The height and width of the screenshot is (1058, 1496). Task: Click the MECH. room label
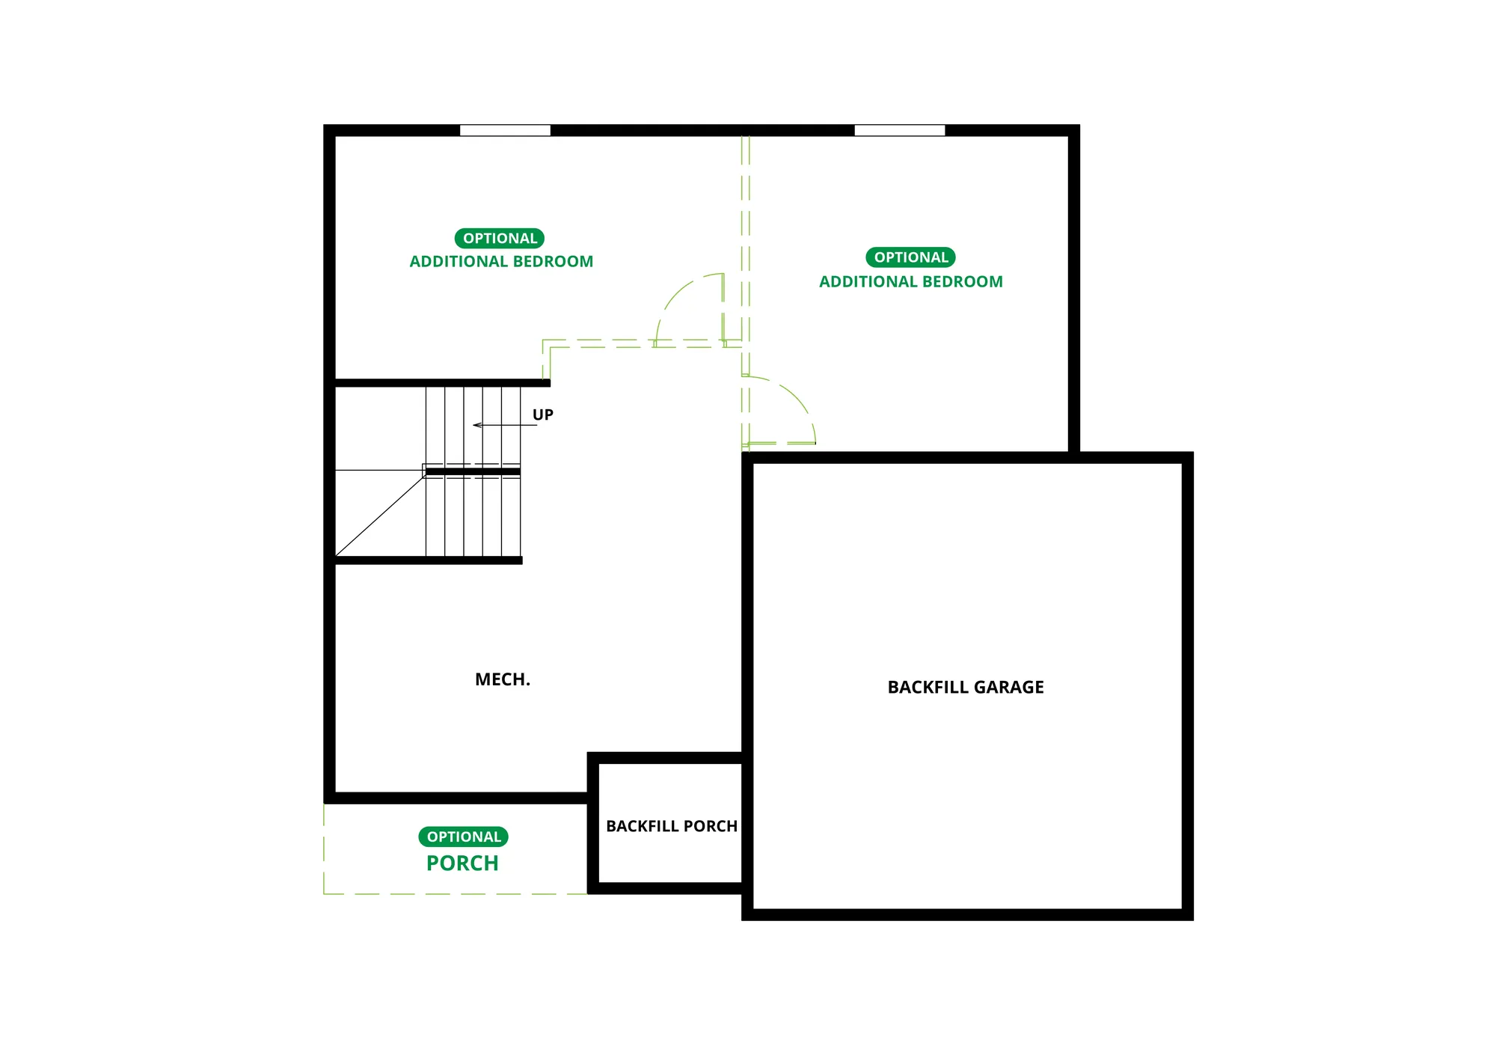503,679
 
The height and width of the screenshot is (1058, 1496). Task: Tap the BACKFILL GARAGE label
966,687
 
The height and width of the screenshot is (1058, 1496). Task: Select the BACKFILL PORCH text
672,826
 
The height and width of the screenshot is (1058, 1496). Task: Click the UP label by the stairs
543,415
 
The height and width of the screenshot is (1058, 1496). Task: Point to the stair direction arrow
505,425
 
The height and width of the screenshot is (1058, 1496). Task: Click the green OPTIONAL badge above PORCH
463,837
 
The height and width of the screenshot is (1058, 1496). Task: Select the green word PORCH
462,863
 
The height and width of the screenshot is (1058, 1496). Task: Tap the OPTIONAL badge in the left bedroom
500,239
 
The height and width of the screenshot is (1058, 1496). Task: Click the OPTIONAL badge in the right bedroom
910,257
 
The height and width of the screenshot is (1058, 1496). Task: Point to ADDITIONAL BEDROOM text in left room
501,262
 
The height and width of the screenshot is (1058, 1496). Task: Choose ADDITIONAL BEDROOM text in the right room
911,282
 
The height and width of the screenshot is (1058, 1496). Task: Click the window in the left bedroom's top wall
505,130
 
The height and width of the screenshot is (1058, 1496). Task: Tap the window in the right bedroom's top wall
900,130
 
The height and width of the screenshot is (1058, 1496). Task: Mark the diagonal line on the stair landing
380,514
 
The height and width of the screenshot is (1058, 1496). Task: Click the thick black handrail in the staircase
473,471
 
